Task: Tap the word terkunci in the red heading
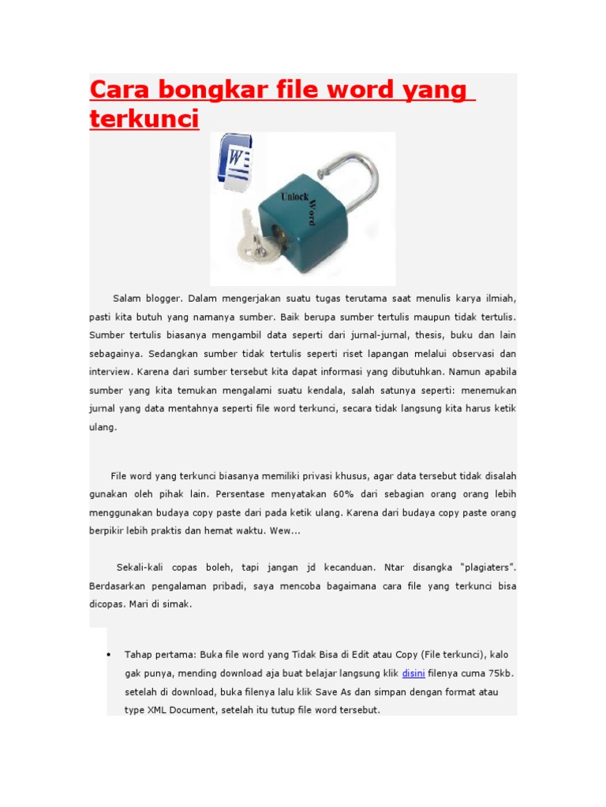(x=144, y=119)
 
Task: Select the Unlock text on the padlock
(x=294, y=195)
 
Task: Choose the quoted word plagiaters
(x=481, y=567)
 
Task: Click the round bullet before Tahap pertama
(x=107, y=655)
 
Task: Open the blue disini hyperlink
(x=413, y=673)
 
